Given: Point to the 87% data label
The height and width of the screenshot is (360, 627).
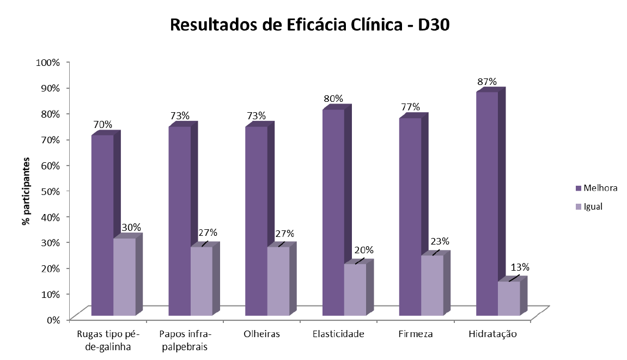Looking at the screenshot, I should click(486, 82).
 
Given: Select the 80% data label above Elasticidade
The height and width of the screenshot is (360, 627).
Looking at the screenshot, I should click(333, 99).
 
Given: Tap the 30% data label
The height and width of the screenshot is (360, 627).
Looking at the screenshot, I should click(131, 227).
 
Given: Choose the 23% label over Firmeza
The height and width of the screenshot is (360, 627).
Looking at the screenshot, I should click(440, 241).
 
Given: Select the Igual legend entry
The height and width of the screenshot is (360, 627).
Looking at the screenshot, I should click(592, 206).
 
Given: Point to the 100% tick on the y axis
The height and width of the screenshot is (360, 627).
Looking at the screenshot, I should click(47, 62).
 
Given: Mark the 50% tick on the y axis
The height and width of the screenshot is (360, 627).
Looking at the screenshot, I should click(49, 191).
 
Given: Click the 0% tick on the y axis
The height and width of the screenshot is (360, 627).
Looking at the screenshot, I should click(52, 319).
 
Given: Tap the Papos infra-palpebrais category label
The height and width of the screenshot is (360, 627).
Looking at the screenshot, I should click(186, 340).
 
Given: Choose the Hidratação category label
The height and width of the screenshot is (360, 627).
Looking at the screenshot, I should click(492, 334).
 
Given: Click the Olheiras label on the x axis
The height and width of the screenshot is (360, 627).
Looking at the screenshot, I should click(261, 334).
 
